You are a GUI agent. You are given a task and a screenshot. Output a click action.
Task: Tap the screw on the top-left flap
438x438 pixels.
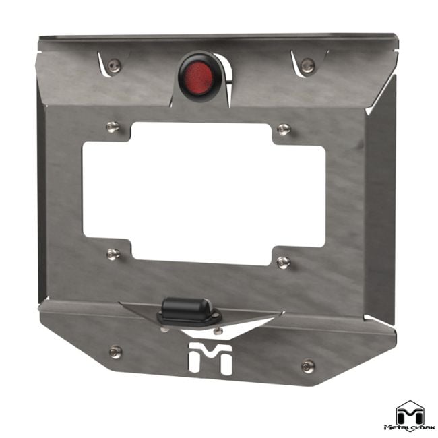coord(116,65)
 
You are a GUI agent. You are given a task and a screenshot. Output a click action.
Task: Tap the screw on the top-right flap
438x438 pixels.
coord(308,65)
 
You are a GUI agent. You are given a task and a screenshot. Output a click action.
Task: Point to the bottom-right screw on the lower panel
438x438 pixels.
coord(308,366)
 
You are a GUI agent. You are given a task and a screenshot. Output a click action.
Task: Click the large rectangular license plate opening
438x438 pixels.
coord(202,192)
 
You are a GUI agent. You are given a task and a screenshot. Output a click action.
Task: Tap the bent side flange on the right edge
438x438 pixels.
coord(383,202)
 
